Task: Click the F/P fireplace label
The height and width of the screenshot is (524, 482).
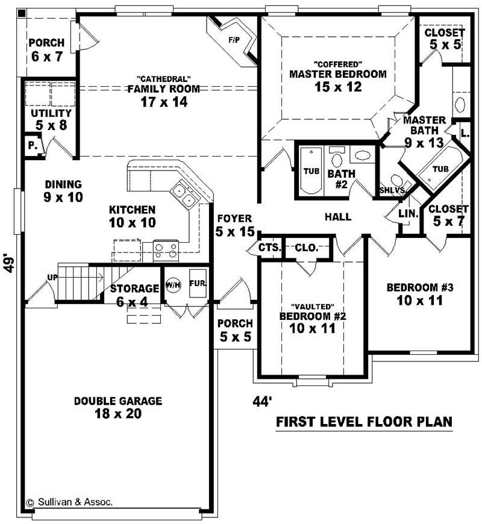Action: (x=234, y=41)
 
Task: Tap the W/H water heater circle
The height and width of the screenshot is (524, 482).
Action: (x=174, y=285)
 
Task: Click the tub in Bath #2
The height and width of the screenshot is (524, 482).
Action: (x=311, y=171)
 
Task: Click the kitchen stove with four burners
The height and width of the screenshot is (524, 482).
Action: (x=166, y=249)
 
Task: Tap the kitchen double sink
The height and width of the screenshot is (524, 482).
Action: (x=184, y=195)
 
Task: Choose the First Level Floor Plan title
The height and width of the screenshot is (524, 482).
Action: (x=364, y=422)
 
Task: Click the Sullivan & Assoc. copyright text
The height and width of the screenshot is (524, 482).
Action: (x=69, y=501)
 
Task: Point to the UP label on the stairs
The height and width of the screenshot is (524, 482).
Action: (x=52, y=277)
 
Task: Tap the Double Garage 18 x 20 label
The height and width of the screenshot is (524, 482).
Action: (x=118, y=407)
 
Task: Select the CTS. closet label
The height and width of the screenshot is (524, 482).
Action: (x=269, y=247)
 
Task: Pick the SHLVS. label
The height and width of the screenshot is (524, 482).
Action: (x=392, y=190)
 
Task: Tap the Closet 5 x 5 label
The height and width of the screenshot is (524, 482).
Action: (x=444, y=39)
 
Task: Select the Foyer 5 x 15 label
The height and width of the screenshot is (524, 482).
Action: (x=234, y=224)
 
